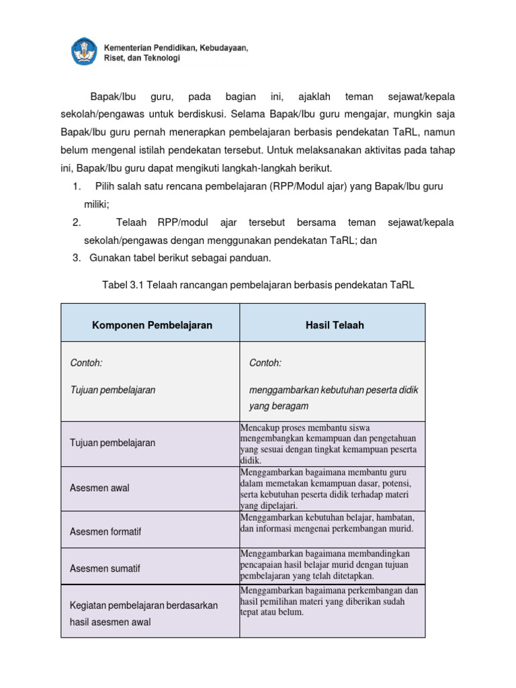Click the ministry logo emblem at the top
[84, 52]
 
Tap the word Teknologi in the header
[161, 58]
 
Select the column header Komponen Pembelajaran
[152, 325]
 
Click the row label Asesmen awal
[99, 488]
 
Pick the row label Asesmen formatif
[105, 531]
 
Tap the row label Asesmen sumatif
[105, 568]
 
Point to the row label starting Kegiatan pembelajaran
[144, 605]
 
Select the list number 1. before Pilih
[76, 185]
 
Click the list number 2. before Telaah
[76, 222]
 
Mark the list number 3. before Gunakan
[76, 258]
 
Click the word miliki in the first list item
[96, 204]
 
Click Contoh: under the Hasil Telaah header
[265, 363]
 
